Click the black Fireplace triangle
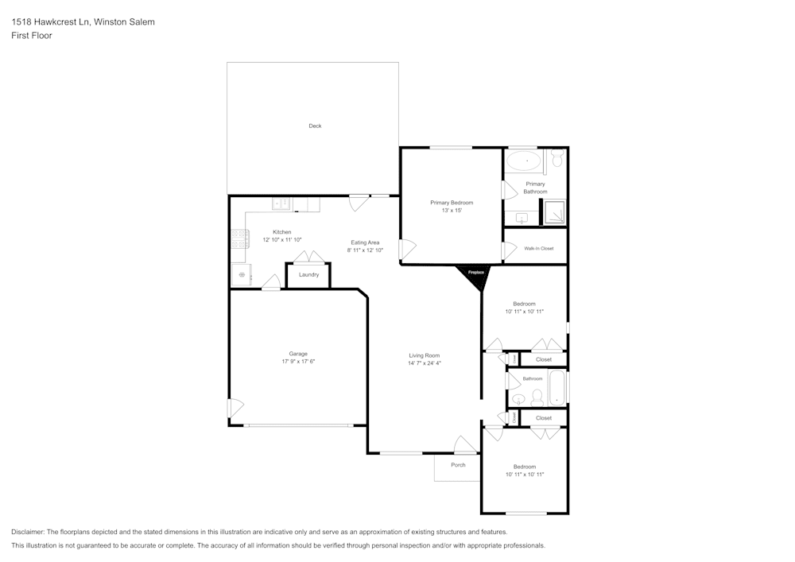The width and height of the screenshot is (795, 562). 475,275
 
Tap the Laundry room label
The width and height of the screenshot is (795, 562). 308,275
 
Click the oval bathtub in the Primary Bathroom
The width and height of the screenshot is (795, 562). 525,161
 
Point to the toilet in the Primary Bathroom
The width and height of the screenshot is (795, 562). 557,161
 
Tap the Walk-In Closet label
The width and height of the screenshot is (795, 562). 538,249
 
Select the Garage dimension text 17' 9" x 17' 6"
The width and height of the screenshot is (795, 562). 298,362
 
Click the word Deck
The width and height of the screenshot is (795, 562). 315,126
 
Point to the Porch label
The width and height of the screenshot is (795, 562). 458,465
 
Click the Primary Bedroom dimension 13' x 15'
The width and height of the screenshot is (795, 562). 452,211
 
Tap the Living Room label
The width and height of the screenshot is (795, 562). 425,355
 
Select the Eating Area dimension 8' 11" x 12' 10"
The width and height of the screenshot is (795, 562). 365,250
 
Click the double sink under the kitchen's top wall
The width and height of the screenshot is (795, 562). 281,204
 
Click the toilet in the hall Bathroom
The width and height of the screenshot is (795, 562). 537,395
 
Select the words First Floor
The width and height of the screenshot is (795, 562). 32,36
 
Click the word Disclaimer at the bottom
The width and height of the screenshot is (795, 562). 28,532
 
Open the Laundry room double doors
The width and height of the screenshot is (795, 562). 308,257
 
